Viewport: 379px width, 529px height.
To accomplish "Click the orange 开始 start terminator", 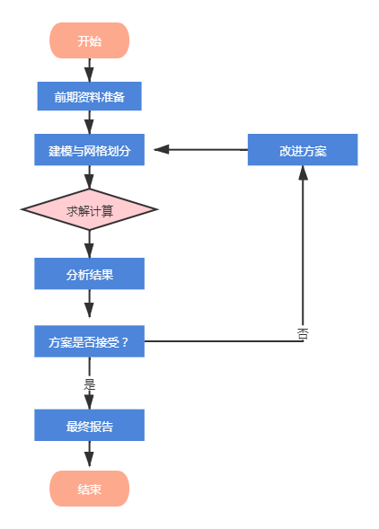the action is [89, 40].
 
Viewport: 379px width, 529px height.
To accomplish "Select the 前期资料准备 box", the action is [89, 96].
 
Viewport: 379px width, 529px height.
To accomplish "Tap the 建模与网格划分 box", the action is [89, 149].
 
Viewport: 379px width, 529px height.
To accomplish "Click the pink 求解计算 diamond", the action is [89, 209].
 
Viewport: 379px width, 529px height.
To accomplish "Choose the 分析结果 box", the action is [89, 274].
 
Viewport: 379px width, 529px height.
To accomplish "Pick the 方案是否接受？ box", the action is [89, 341].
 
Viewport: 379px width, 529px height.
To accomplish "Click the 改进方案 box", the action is [303, 149].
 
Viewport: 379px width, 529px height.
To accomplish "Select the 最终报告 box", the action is [89, 425].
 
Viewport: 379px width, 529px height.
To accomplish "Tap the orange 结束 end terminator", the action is [89, 489].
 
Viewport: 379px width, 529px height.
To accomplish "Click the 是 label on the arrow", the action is [90, 384].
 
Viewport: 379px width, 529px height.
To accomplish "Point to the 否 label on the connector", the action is [303, 334].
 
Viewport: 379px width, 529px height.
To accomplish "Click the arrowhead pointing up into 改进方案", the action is [303, 172].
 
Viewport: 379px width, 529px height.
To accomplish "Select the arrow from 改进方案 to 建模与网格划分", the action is [201, 149].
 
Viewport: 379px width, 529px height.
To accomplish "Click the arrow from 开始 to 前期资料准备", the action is [89, 70].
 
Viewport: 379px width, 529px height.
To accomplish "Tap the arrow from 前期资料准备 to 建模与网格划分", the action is [89, 122].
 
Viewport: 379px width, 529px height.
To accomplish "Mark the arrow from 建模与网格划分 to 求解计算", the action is [89, 177].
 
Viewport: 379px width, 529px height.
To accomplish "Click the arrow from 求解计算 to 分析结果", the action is [89, 244].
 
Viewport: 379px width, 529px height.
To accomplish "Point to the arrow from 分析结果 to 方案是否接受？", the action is [89, 304].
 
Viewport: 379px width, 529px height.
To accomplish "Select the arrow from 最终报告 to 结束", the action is [89, 454].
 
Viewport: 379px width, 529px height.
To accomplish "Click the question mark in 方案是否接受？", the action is [125, 342].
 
